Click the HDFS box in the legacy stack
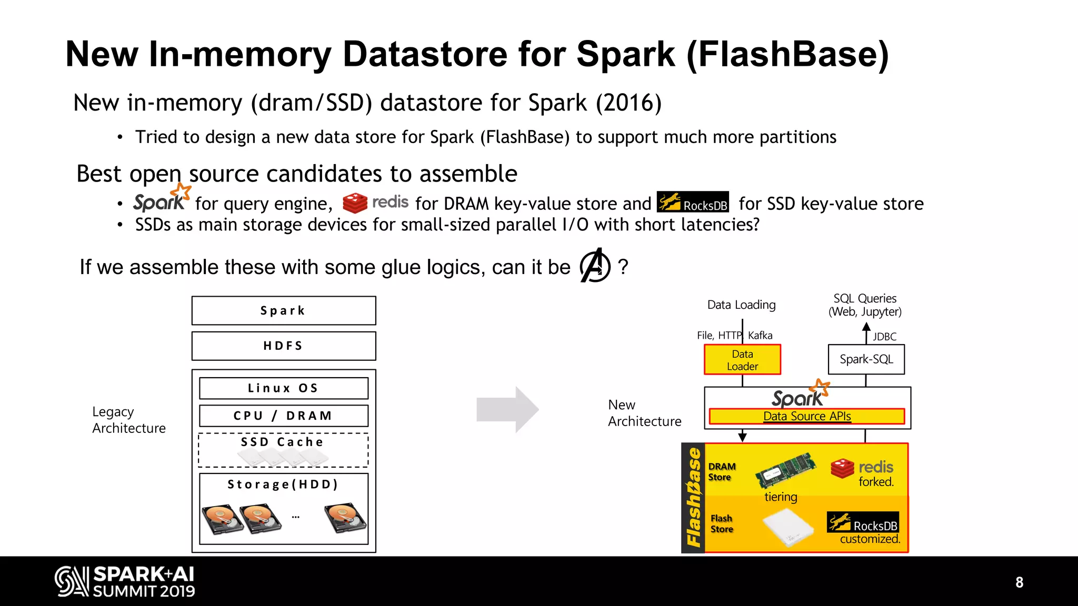click(x=284, y=346)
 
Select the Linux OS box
click(x=284, y=388)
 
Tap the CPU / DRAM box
click(x=284, y=416)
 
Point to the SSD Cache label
click(x=283, y=442)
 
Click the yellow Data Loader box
click(x=742, y=360)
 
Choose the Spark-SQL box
click(x=866, y=359)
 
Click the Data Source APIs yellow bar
click(x=807, y=416)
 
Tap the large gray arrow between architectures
click(x=507, y=409)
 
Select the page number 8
click(x=1019, y=582)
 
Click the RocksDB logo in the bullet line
click(x=693, y=202)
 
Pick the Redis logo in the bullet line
click(x=375, y=203)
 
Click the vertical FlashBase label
click(x=693, y=498)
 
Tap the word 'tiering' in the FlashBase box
click(x=781, y=497)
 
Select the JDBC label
click(x=884, y=337)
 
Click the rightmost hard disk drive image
click(x=345, y=518)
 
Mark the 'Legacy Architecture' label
click(x=128, y=420)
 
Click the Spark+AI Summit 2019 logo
click(x=125, y=581)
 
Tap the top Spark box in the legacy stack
click(x=284, y=310)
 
